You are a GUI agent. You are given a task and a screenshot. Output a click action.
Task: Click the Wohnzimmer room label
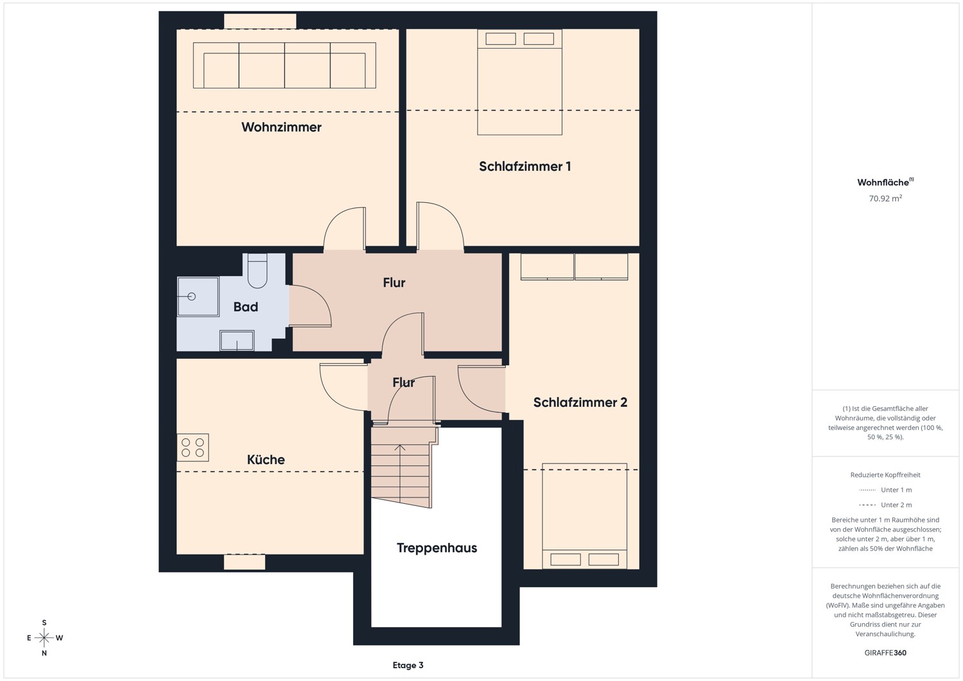281,127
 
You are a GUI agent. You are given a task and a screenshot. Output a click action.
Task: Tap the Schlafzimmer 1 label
525,166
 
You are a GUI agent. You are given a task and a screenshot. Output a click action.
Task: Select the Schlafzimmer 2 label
580,402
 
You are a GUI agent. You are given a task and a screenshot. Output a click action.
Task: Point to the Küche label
266,459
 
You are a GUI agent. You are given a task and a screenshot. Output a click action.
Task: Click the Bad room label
245,307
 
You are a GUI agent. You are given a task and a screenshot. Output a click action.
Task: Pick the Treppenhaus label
437,547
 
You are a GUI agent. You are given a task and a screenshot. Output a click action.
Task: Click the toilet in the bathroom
257,270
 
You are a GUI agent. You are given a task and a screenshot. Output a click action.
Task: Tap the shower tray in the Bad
198,297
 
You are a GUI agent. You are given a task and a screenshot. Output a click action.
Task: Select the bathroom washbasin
237,340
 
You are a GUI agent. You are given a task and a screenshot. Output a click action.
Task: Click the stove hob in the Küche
193,447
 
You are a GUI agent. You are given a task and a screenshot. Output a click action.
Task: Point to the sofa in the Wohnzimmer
284,65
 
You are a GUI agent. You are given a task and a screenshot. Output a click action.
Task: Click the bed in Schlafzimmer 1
519,82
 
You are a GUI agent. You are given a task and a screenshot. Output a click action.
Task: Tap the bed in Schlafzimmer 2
584,516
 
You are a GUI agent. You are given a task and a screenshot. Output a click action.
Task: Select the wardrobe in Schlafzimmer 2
574,266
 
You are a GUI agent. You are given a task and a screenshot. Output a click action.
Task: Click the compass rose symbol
44,637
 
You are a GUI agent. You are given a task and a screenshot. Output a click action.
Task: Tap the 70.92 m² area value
885,198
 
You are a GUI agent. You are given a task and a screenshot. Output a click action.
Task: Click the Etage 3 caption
408,665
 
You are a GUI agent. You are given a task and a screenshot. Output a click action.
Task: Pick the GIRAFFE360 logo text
885,653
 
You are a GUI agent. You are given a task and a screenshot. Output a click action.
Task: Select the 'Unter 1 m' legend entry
885,490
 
